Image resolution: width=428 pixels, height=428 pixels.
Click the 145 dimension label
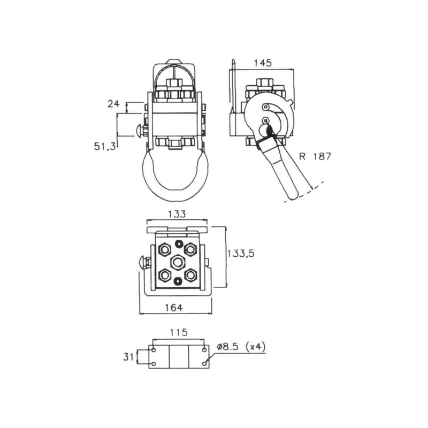click(263, 63)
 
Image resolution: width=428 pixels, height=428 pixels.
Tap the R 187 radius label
click(315, 156)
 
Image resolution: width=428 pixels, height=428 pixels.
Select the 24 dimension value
click(113, 104)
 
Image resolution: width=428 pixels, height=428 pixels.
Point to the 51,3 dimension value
click(105, 147)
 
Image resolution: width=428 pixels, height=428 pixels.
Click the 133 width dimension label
click(177, 214)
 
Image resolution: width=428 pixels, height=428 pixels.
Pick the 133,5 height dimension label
click(241, 254)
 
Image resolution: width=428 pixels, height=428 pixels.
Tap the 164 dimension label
click(173, 308)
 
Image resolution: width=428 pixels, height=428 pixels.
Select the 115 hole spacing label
click(179, 332)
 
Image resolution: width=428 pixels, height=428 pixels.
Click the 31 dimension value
click(128, 357)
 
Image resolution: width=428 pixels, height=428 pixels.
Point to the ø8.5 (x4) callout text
click(241, 347)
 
